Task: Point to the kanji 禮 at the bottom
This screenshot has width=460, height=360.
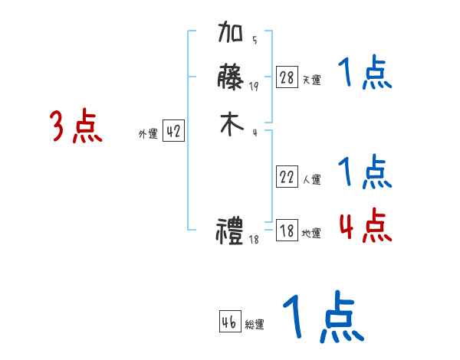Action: click(x=231, y=231)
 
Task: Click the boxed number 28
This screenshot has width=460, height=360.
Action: click(x=287, y=77)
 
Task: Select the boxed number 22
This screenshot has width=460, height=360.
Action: click(x=287, y=177)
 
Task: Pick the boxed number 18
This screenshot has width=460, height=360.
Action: click(x=287, y=231)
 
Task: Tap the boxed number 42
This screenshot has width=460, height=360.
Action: click(x=173, y=132)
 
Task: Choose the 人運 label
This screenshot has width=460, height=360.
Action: click(x=312, y=179)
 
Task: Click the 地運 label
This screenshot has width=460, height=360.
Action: click(x=312, y=233)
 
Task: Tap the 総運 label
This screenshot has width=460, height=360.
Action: click(x=255, y=325)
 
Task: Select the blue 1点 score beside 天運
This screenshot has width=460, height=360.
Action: click(x=366, y=74)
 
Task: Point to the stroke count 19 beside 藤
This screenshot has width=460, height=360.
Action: click(x=254, y=86)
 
